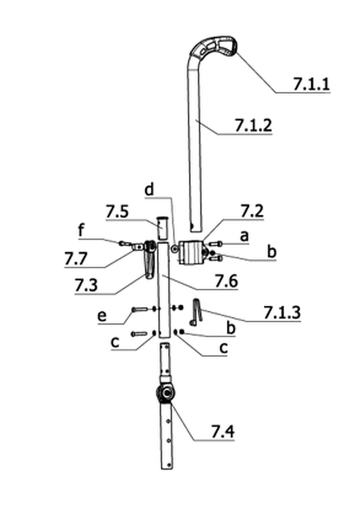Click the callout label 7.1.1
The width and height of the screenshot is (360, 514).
(x=311, y=84)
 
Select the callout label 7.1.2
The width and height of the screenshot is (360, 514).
(x=254, y=125)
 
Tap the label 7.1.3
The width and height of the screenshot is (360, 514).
(x=282, y=312)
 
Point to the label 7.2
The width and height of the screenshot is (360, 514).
(x=252, y=211)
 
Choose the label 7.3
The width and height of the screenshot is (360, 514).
(x=86, y=285)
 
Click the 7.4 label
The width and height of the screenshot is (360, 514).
(x=223, y=431)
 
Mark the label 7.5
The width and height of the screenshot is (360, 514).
(x=117, y=212)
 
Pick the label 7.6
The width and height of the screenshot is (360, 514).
(x=226, y=281)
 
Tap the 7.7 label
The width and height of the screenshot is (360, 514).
(x=76, y=259)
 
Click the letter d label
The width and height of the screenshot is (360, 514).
(x=149, y=189)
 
